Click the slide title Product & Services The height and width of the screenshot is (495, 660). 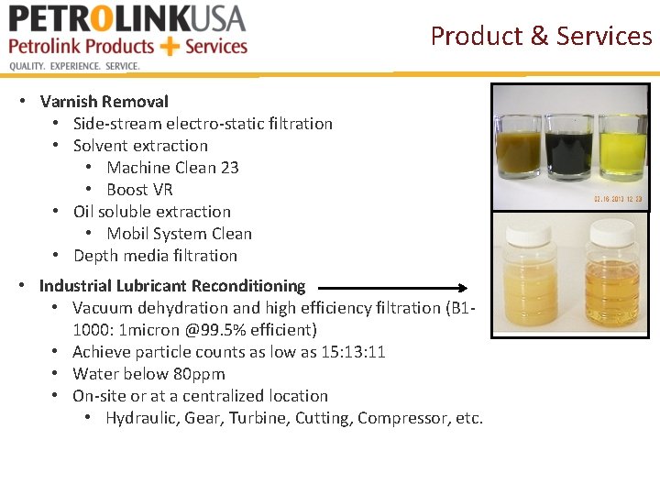click(541, 36)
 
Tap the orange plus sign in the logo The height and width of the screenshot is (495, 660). click(170, 46)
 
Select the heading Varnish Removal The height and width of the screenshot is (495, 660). click(104, 102)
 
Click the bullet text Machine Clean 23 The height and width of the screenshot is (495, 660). click(172, 168)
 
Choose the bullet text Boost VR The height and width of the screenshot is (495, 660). click(139, 190)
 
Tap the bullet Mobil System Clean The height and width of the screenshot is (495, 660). click(179, 234)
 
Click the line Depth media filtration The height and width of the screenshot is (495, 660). click(155, 256)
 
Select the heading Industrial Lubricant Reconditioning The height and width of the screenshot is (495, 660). click(172, 286)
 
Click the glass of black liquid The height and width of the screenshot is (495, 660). click(569, 145)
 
